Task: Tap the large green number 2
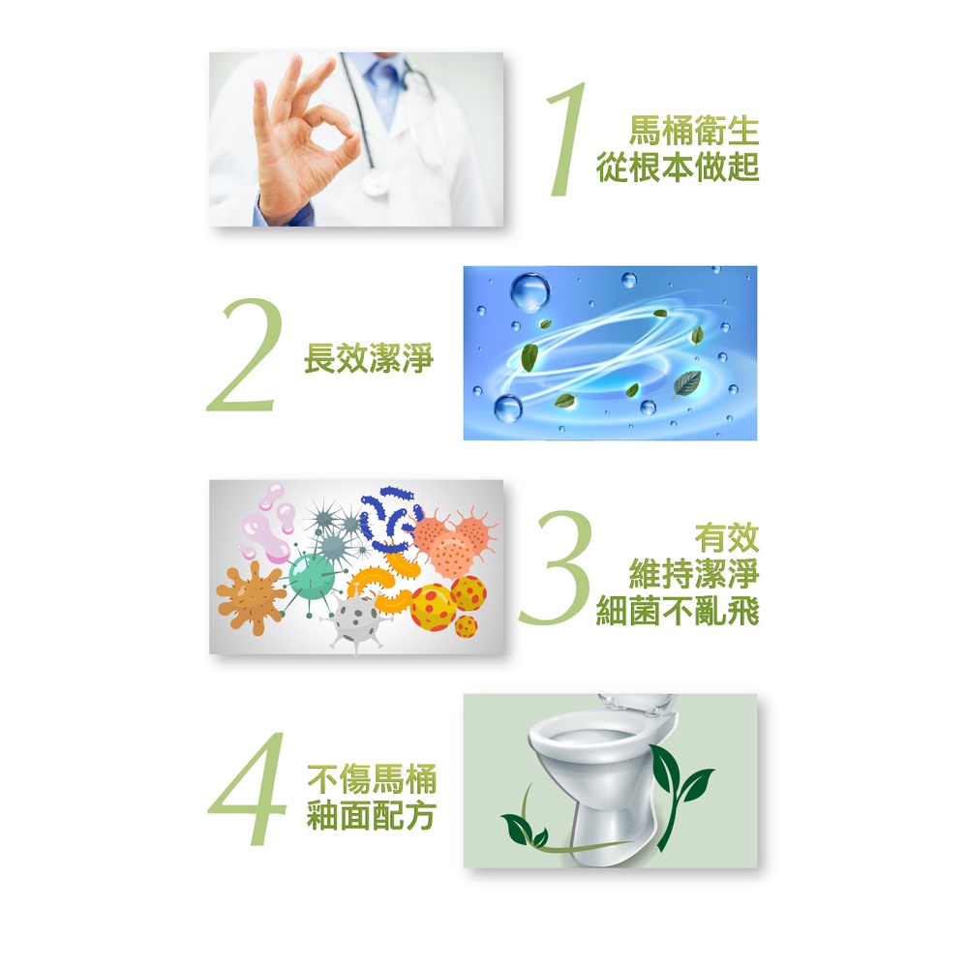click(x=245, y=355)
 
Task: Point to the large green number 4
click(x=248, y=788)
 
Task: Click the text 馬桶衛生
click(x=694, y=131)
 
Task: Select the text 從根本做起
click(x=678, y=167)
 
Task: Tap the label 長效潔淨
click(x=369, y=358)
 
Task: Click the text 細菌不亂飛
click(x=678, y=611)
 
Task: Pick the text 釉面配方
click(x=372, y=815)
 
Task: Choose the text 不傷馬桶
click(x=372, y=778)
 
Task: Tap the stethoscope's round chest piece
click(x=376, y=183)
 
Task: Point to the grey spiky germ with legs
click(x=356, y=620)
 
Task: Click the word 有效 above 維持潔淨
click(x=727, y=537)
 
